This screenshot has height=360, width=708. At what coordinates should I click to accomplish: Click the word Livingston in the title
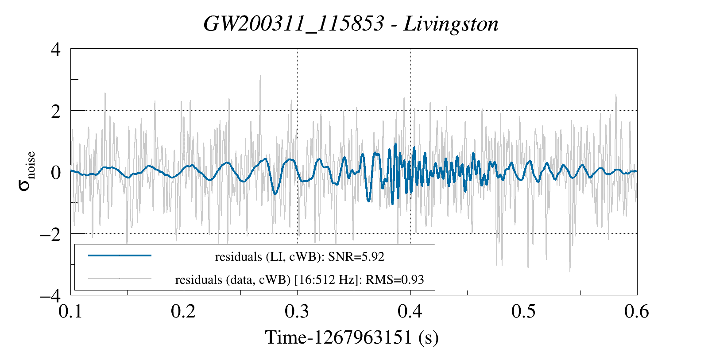[x=451, y=24]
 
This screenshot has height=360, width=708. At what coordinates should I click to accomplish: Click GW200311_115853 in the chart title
[x=293, y=24]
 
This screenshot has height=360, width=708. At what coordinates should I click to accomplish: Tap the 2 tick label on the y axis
[x=56, y=111]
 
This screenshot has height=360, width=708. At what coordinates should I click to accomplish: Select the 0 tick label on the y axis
[x=56, y=172]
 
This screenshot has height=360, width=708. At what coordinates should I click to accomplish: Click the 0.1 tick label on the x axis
[x=71, y=312]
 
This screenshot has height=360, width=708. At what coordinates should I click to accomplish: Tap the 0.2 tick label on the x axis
[x=184, y=312]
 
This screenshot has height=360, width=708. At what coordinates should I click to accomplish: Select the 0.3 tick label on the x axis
[x=297, y=312]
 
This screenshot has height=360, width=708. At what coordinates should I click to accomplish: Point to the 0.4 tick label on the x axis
[x=410, y=312]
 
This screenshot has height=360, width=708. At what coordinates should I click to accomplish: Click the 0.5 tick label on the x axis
[x=524, y=312]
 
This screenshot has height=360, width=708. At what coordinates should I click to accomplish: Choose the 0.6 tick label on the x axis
[x=637, y=312]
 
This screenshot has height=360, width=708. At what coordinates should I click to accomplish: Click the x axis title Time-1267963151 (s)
[x=352, y=337]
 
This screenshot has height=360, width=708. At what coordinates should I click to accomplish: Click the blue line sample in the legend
[x=120, y=255]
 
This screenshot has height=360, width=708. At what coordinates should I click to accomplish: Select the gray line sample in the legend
[x=120, y=279]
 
